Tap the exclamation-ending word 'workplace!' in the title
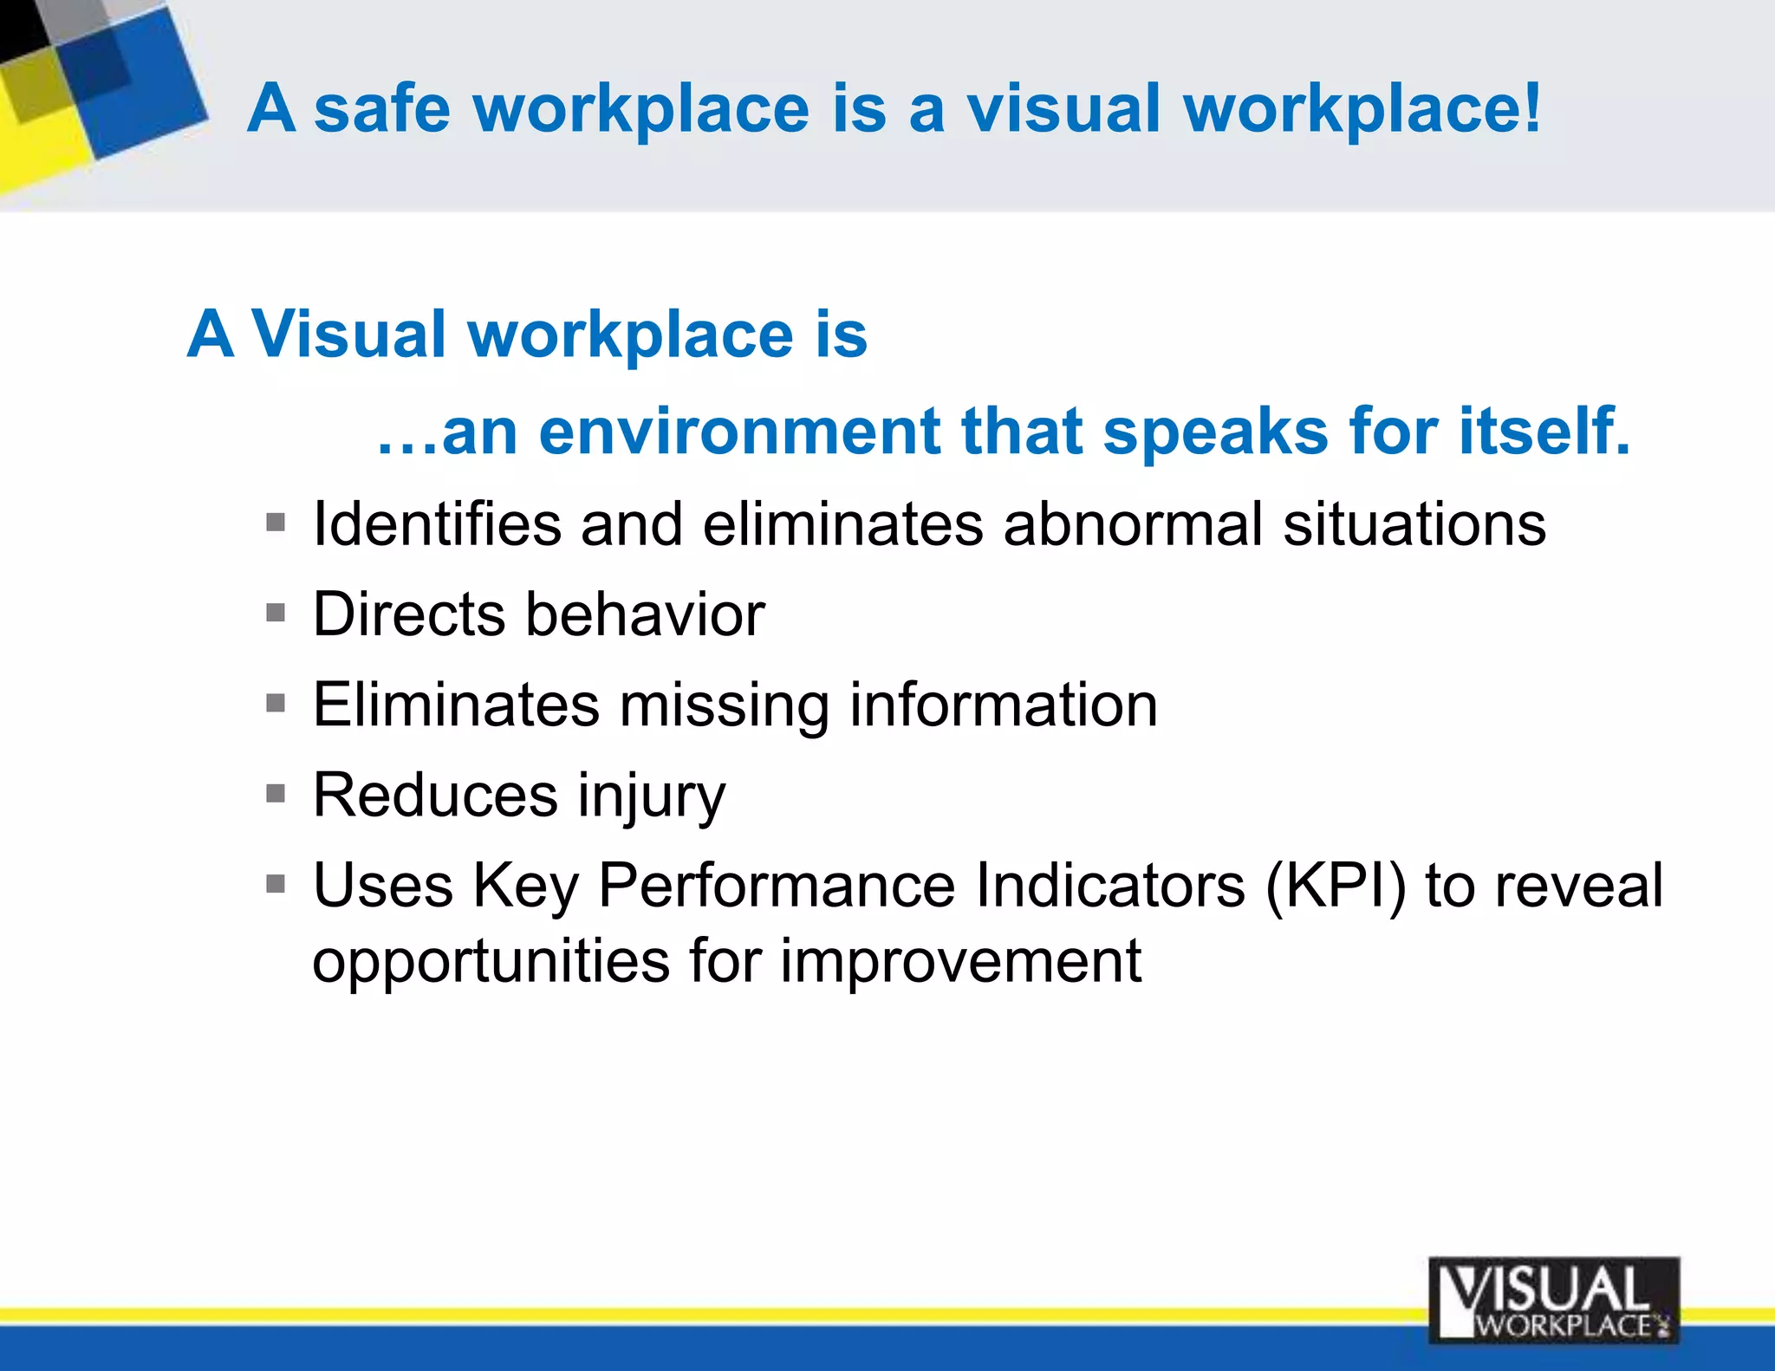tap(1362, 110)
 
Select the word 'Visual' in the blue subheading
tap(348, 335)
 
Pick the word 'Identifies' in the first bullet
tap(437, 524)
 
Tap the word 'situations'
tap(1414, 524)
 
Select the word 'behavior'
tap(646, 614)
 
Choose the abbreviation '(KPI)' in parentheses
tap(1335, 886)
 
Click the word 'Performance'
tap(777, 886)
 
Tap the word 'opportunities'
tap(491, 962)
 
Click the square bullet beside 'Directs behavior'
tap(276, 614)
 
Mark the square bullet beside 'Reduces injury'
tap(276, 794)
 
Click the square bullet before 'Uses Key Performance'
tap(276, 884)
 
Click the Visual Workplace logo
tap(1553, 1300)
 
